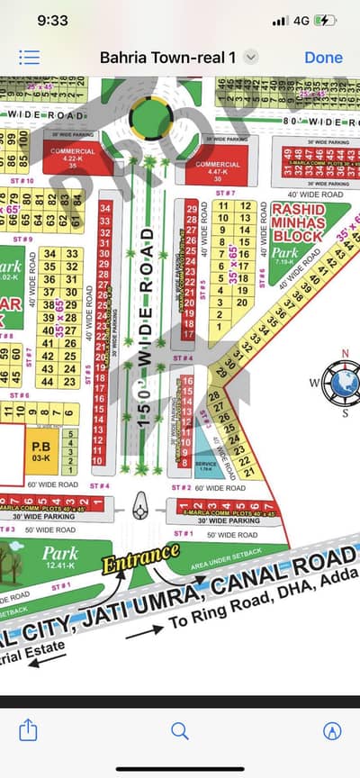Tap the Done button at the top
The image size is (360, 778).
323,57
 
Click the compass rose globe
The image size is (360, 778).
342,382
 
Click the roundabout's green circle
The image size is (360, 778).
149,116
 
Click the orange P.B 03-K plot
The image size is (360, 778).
41,449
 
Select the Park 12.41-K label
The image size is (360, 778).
58,557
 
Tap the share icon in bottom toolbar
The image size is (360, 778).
28,729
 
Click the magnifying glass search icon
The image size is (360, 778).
179,730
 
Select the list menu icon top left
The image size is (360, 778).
29,57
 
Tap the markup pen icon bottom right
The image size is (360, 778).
331,730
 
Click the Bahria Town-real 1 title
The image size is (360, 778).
167,57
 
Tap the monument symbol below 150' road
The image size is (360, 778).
139,509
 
